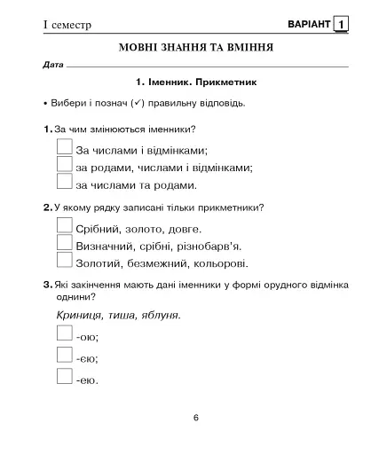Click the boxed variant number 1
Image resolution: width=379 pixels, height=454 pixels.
[x=342, y=24]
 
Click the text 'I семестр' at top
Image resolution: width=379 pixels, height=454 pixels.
[x=67, y=25]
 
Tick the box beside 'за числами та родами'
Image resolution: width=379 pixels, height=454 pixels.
[x=64, y=183]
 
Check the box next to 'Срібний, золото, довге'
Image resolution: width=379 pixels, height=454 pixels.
[x=64, y=226]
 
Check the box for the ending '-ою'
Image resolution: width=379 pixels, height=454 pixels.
[x=64, y=334]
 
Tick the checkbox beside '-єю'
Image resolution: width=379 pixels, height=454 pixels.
[x=64, y=356]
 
